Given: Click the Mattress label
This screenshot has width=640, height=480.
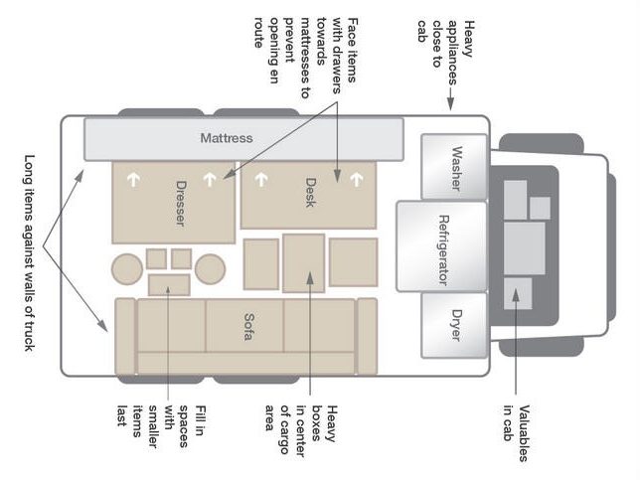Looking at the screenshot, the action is [227, 138].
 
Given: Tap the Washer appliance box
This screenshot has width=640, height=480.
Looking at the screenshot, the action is [454, 167].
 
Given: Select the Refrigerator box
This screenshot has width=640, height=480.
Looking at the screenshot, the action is [442, 246].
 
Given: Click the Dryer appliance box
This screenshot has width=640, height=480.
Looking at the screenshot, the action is [454, 325].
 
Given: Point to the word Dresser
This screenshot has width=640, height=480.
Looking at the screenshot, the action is [180, 204].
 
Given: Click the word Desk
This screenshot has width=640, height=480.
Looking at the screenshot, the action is [310, 193].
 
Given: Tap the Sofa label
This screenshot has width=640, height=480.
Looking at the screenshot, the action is [248, 327].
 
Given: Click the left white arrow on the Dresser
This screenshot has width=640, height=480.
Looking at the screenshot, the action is [132, 180].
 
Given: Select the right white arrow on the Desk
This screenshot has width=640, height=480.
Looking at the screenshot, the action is [357, 179].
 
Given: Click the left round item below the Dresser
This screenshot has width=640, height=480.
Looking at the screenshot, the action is [127, 269].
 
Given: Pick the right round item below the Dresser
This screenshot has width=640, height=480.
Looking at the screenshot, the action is [211, 269].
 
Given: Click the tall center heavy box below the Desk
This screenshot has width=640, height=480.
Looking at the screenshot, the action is [304, 263].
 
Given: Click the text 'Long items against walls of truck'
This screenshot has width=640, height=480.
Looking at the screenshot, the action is [30, 252].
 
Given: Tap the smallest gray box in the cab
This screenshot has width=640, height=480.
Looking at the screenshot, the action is [540, 208].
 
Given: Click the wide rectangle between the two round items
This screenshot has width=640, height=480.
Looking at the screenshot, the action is [169, 285].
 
